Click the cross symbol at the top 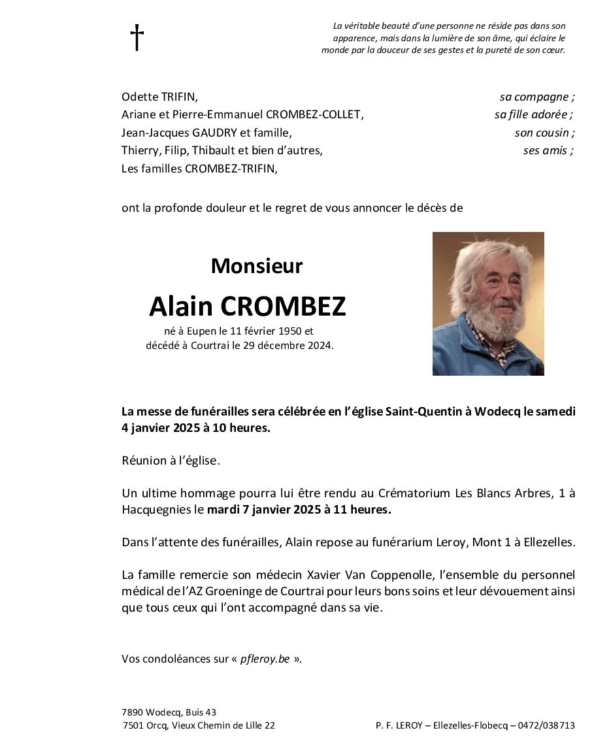pos(137,38)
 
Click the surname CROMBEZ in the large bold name pos(283,306)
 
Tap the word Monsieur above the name pos(257,266)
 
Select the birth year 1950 pos(290,331)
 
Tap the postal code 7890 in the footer pos(133,712)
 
